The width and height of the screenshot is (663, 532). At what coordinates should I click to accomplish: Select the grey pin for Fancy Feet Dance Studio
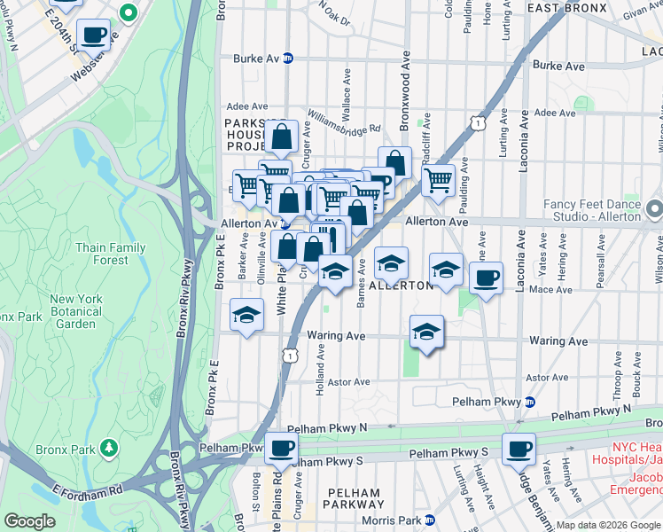click(x=655, y=210)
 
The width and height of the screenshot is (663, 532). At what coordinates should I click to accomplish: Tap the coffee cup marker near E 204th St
click(x=93, y=36)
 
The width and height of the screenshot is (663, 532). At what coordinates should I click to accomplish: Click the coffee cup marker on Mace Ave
click(x=485, y=278)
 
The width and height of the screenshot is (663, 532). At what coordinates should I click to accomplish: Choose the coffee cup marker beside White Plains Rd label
click(x=281, y=449)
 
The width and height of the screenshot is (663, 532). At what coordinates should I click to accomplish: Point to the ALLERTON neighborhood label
click(x=401, y=286)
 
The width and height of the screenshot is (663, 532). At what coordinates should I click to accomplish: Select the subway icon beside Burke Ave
click(x=287, y=59)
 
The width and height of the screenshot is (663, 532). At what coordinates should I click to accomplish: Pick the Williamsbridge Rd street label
click(x=344, y=121)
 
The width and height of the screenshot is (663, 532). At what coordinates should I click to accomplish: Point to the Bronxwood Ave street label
click(x=405, y=89)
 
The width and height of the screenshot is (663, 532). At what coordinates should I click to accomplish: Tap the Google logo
click(x=30, y=521)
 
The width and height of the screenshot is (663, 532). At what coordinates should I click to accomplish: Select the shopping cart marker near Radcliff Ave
click(x=438, y=180)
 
